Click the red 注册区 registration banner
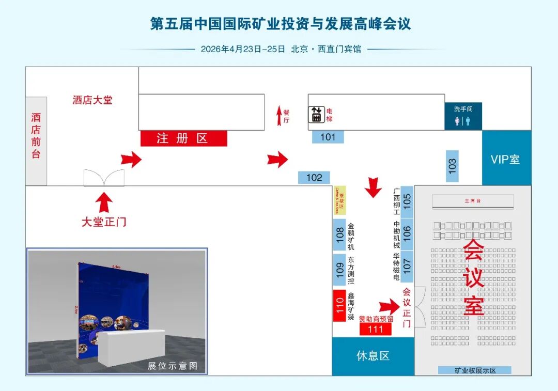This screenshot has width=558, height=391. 183,138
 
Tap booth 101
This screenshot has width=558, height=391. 328,137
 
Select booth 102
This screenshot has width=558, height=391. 314,177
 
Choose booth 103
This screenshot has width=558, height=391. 453,166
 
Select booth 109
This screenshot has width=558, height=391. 339,270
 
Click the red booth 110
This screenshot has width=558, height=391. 339,305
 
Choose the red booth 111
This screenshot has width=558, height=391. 376,329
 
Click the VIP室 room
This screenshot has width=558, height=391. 506,159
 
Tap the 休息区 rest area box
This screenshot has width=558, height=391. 373,356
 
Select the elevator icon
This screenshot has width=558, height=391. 316,114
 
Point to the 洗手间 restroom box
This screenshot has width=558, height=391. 463,116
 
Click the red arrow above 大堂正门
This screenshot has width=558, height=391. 104,202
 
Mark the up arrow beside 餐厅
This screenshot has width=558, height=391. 279,115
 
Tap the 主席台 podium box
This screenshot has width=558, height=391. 472,200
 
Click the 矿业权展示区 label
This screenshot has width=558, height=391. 474,370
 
